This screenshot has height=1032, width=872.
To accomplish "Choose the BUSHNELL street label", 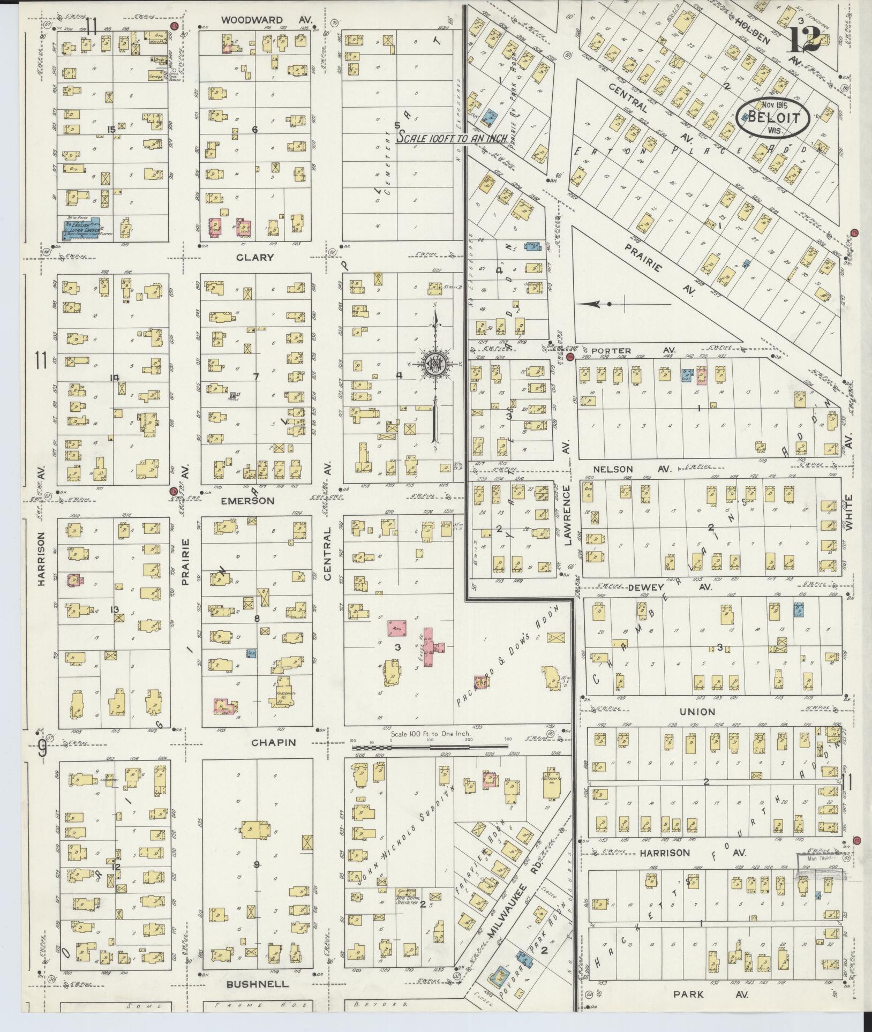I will click(x=257, y=984).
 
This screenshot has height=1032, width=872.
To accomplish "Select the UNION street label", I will click(x=697, y=712).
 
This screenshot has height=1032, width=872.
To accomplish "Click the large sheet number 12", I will click(x=803, y=36).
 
